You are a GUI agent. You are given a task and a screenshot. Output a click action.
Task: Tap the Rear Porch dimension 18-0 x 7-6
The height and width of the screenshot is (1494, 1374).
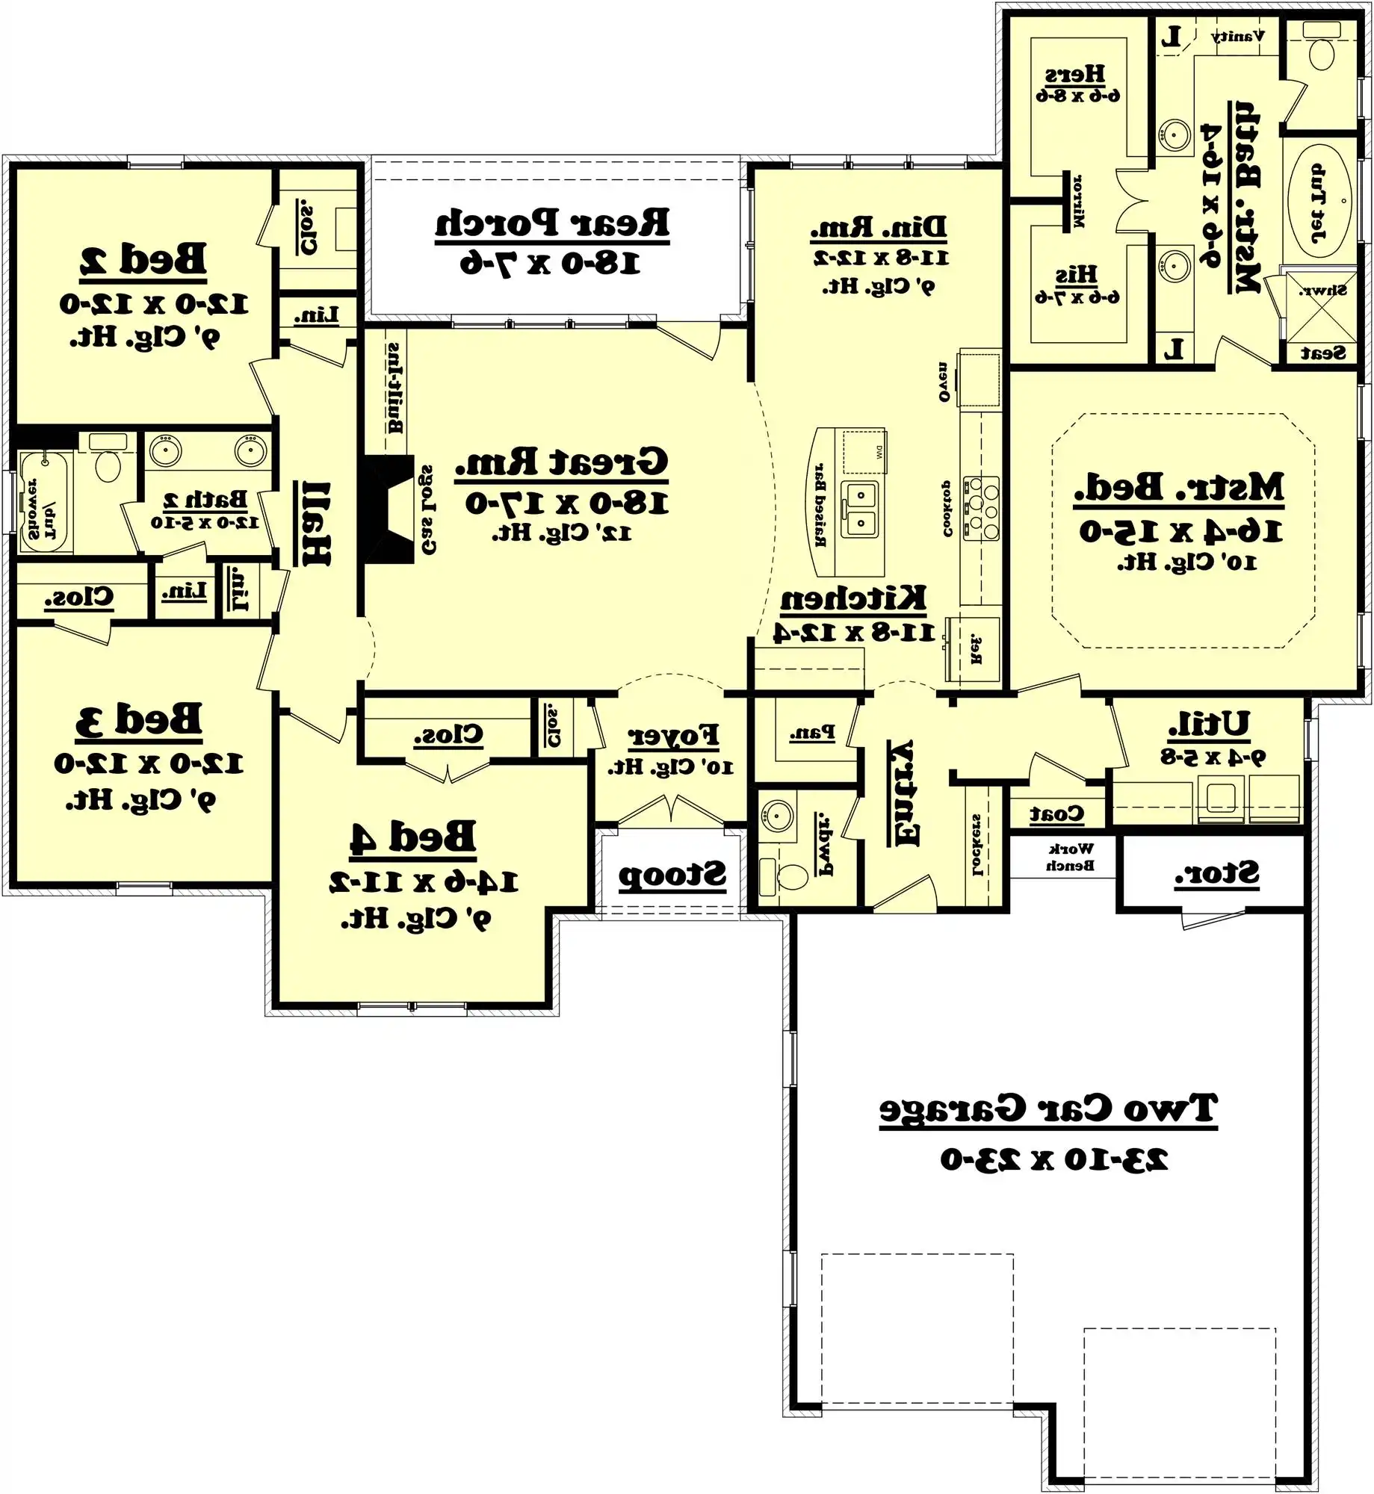[x=550, y=264]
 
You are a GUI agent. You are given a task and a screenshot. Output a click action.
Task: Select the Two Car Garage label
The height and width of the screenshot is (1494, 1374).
[x=1047, y=1109]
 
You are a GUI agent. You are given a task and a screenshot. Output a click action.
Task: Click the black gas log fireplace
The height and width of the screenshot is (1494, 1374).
[x=387, y=509]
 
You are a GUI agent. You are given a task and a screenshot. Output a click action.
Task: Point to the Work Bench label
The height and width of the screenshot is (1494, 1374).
[x=1070, y=857]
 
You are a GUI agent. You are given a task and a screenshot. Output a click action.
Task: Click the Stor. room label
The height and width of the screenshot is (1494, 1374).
[x=1216, y=873]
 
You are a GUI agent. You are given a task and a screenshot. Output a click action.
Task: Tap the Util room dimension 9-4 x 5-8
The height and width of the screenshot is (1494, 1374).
[x=1212, y=757]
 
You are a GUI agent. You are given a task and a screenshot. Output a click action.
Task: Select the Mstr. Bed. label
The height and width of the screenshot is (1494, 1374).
[x=1179, y=489]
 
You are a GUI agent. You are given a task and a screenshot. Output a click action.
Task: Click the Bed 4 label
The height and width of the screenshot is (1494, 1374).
[x=412, y=837]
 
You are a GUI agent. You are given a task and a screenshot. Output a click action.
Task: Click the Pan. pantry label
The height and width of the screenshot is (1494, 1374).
[x=811, y=733]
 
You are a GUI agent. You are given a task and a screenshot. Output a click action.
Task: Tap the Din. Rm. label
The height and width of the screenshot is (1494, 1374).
[x=879, y=227]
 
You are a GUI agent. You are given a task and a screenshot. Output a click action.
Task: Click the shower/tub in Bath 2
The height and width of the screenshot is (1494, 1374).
[x=43, y=502]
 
